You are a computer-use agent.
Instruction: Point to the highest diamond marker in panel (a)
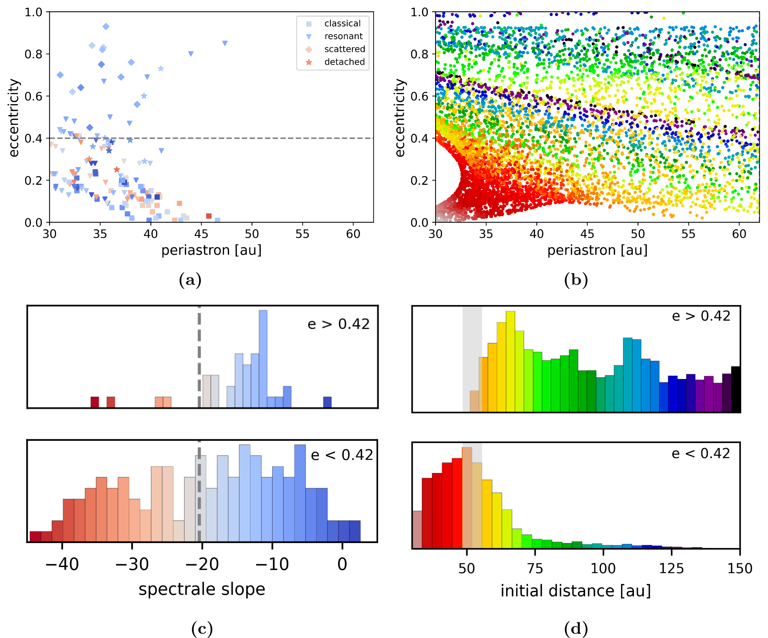click(106, 26)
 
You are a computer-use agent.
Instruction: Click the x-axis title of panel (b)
click(597, 250)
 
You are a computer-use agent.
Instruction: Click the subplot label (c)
click(202, 629)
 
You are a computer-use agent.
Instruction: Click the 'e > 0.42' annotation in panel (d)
click(701, 316)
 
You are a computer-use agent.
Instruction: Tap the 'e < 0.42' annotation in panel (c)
click(342, 455)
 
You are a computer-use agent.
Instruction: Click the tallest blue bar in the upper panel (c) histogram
click(263, 359)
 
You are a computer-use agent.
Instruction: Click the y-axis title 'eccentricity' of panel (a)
click(14, 118)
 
